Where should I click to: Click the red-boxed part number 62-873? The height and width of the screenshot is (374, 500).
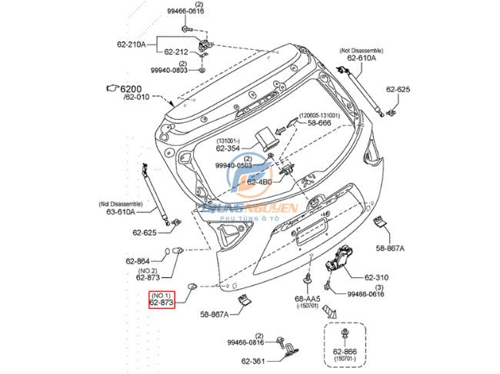(162, 303)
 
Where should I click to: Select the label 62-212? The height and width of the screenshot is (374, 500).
(177, 51)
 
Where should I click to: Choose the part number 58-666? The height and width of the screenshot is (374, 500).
(320, 122)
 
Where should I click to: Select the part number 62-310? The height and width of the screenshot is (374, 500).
(377, 276)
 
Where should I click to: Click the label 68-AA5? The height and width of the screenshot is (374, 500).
(308, 299)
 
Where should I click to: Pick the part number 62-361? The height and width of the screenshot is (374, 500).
(253, 360)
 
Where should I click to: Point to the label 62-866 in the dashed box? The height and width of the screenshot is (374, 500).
(345, 351)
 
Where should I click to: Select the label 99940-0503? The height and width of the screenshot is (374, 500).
(233, 164)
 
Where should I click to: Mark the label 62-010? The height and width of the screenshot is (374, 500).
(137, 98)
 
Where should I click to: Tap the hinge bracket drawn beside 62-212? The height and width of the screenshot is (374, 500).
(204, 47)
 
